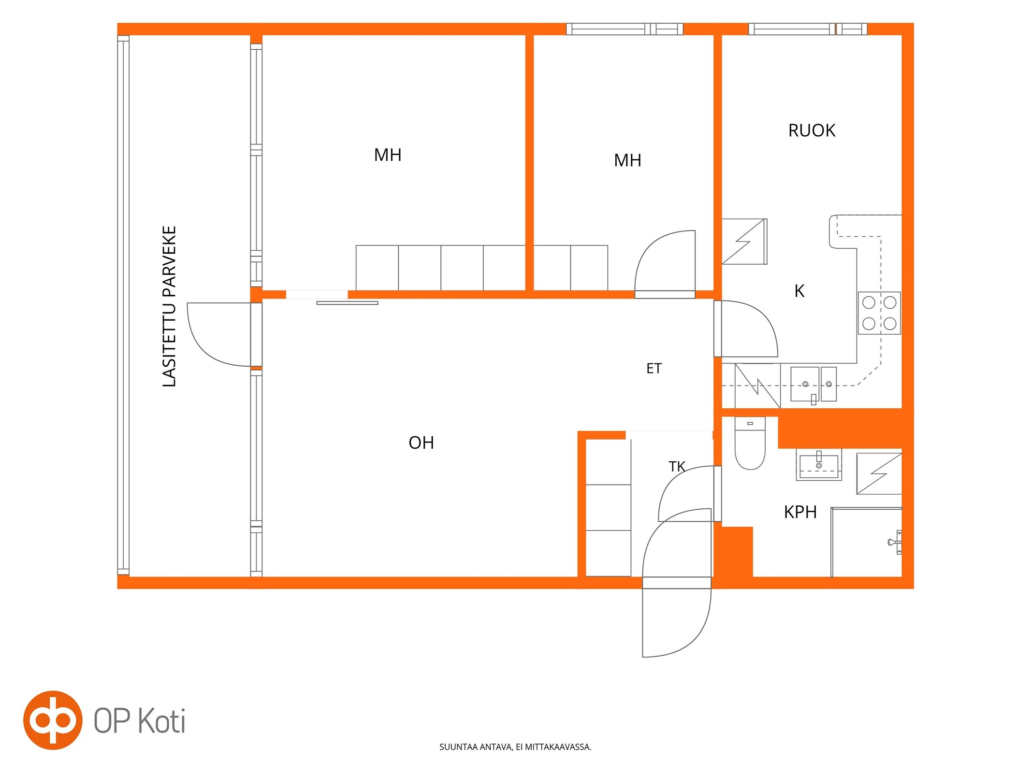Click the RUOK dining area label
812,130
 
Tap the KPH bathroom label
800,512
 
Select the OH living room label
421,443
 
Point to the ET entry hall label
653,369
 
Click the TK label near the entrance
677,466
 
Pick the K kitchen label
799,291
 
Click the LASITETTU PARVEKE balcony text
169,306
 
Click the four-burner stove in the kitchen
879,313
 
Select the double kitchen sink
813,385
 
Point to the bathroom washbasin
819,465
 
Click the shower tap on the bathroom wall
896,542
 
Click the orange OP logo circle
53,720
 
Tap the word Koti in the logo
162,720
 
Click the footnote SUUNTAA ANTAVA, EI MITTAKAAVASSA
515,747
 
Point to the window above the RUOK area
808,29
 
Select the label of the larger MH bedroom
388,155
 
